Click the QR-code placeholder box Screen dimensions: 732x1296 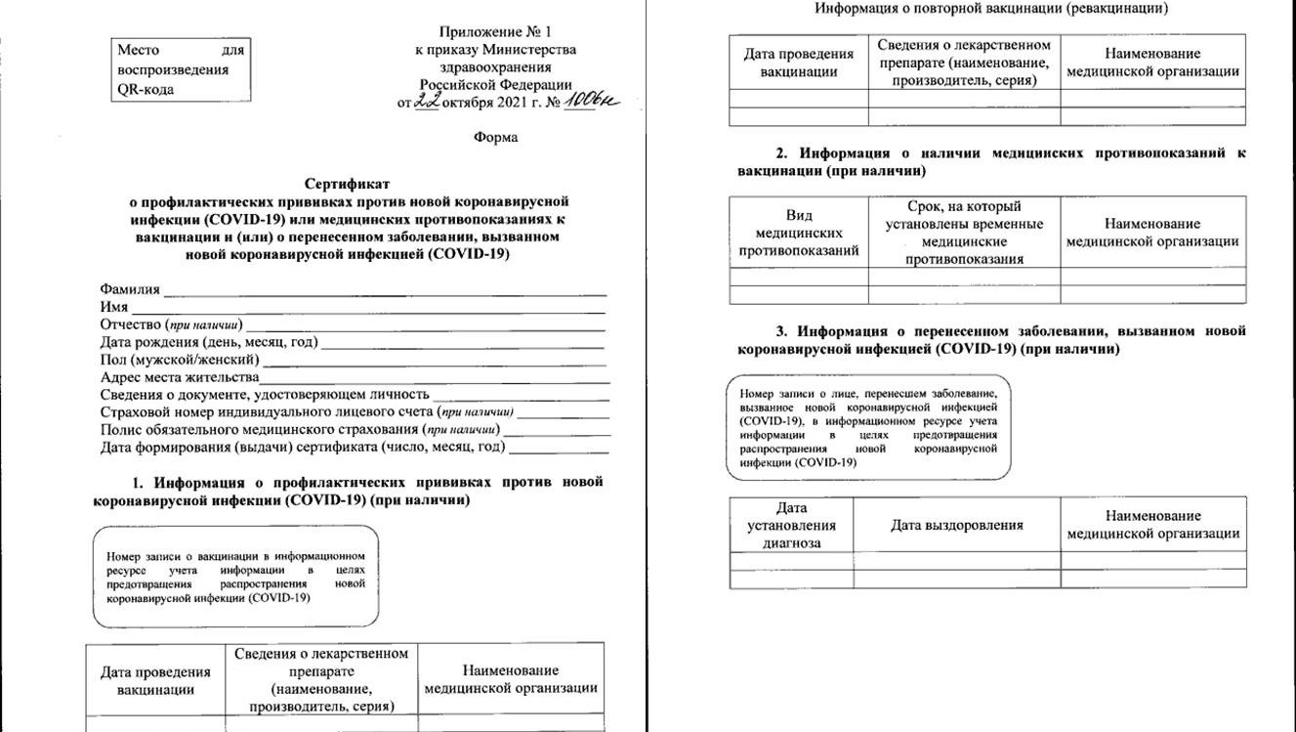tap(182, 69)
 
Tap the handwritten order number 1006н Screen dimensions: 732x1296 tap(593, 102)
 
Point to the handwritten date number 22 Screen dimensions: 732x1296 tap(426, 102)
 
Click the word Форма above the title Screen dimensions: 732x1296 tap(495, 137)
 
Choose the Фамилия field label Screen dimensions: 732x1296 tap(130, 289)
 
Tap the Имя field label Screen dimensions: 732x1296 tap(114, 307)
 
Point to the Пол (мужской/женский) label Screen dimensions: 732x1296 tap(180, 360)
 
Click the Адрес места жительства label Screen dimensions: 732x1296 tap(179, 377)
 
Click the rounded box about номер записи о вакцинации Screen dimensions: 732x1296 tap(235, 577)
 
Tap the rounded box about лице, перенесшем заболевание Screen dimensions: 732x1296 tap(868, 427)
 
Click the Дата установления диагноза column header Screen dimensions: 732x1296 tap(791, 525)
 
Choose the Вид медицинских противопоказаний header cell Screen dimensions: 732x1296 tap(799, 233)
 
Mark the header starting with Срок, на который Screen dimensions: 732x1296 tap(964, 233)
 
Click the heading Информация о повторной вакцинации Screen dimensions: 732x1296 tap(992, 9)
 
